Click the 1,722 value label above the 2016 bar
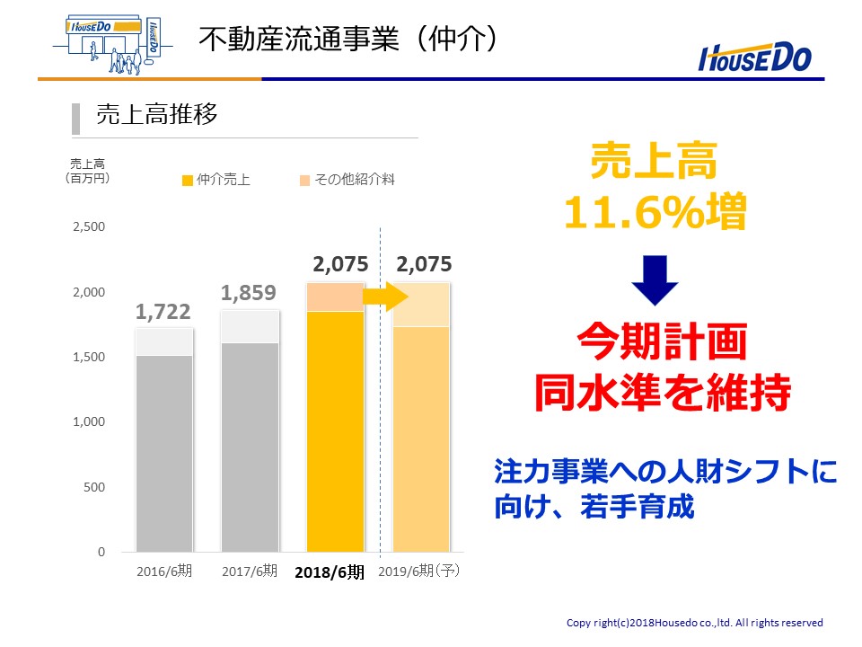coord(163,312)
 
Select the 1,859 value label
coord(249,293)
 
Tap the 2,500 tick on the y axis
coord(89,226)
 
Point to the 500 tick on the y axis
coord(94,487)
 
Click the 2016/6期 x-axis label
coord(164,572)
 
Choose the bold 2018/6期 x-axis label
coord(330,572)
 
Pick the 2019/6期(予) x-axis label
coord(419,572)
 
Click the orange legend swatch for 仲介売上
coord(188,181)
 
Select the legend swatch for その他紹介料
coord(304,181)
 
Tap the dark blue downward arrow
coord(655,280)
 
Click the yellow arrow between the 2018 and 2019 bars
coord(385,297)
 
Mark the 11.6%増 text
coord(655,211)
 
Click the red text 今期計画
coord(662,341)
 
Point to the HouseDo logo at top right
coord(755,58)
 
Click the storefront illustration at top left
coord(111,45)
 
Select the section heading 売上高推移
coord(157,114)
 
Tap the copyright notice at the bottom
coord(694,622)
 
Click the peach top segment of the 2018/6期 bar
coord(335,297)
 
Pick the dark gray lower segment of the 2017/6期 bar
coord(250,448)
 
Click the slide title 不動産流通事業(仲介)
coord(348,39)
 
